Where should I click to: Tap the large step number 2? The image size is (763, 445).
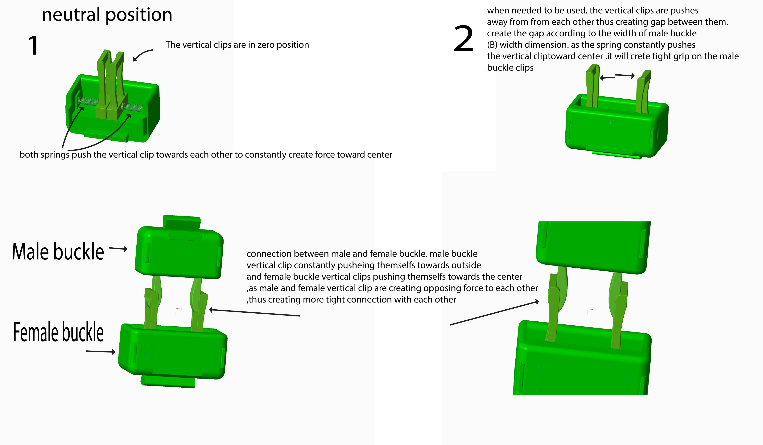(x=463, y=39)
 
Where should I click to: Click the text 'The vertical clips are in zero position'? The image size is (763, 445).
(x=237, y=45)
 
